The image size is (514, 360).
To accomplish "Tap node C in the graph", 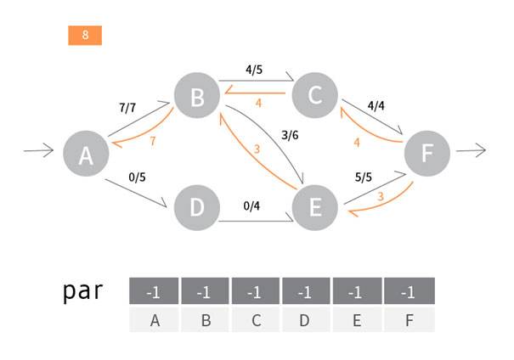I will pos(315,94).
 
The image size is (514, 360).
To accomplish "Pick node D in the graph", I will pos(196,208).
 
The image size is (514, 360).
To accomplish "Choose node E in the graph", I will pos(314,208).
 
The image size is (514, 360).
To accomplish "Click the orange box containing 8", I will pos(85,35).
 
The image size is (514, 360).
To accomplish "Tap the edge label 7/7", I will pos(127,108).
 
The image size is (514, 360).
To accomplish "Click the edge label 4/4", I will pos(376,107).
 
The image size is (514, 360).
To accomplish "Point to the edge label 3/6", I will pos(289,133).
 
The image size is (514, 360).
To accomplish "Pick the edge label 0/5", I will pos(136,177).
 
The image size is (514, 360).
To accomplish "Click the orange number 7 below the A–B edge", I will pos(153,140).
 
